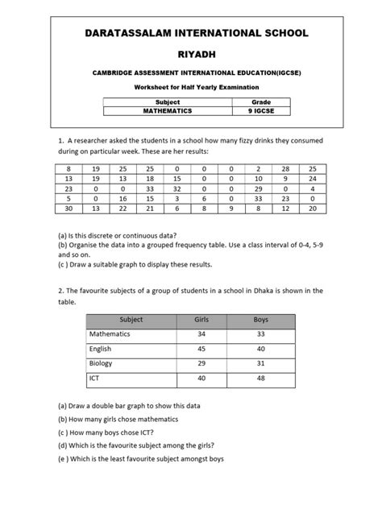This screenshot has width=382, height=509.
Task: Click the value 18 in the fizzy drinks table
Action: coord(149,180)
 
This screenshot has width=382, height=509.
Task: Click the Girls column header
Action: coord(202,320)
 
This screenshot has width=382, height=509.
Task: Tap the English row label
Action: coord(101,349)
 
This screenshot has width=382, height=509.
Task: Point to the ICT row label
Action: coord(95,377)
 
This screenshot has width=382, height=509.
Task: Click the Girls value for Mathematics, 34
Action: coord(202,334)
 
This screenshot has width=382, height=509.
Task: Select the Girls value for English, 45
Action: coord(202,349)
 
